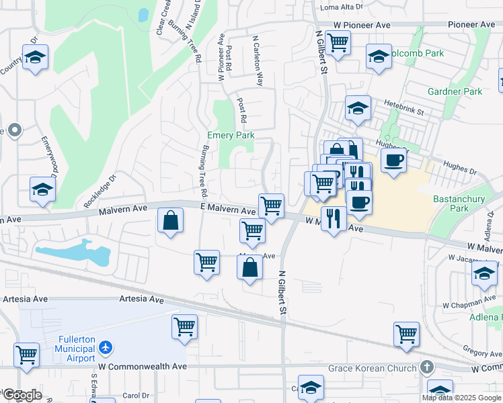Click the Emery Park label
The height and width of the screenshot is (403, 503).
click(x=231, y=135)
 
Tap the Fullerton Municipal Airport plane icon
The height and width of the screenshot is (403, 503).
click(x=105, y=348)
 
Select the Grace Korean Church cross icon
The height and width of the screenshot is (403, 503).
click(x=426, y=367)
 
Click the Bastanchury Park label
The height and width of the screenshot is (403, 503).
click(x=459, y=204)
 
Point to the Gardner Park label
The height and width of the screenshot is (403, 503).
click(x=455, y=91)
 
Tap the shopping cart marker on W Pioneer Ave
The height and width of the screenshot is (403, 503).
click(x=338, y=42)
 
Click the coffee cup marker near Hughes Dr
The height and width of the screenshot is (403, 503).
click(x=393, y=160)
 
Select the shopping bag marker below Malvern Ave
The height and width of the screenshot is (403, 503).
click(x=171, y=220)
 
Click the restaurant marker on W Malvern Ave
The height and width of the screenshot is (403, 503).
click(x=334, y=218)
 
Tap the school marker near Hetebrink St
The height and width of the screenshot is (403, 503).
click(x=358, y=107)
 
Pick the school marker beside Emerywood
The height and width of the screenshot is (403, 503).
click(x=42, y=190)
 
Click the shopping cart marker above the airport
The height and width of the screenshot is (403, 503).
click(x=184, y=326)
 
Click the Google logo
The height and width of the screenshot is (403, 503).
click(x=22, y=395)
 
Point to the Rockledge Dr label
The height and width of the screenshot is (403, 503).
click(x=100, y=191)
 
